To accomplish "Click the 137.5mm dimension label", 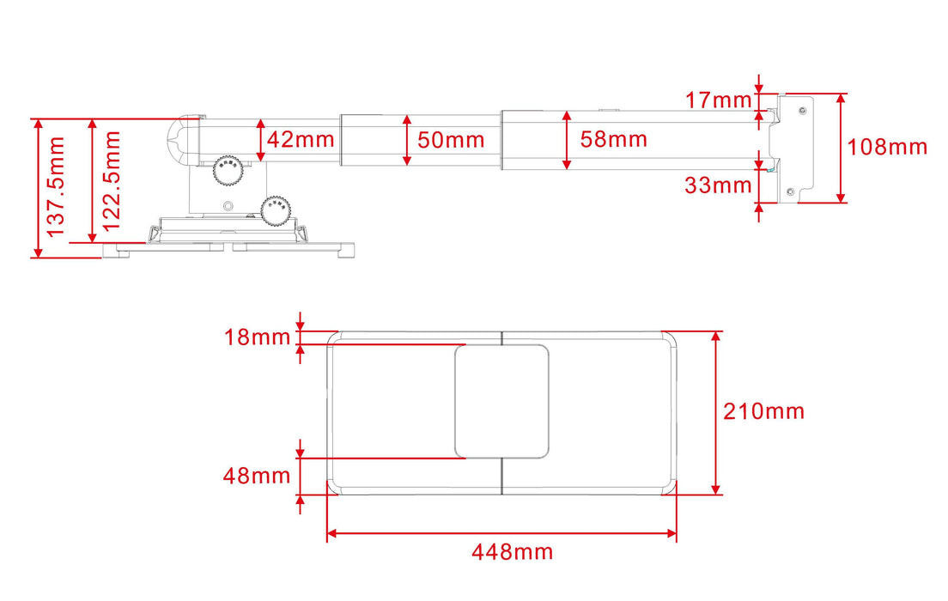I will [56, 186].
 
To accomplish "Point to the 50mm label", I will [451, 140].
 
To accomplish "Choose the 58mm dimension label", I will [613, 139].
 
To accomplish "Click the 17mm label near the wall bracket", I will [719, 100].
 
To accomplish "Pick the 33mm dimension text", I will [719, 185].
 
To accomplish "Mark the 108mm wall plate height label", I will [887, 147].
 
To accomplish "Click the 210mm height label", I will [763, 412].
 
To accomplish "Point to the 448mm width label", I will [512, 552].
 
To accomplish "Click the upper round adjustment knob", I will [228, 169].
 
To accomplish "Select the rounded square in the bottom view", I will [501, 400].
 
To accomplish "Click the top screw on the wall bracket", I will [802, 110].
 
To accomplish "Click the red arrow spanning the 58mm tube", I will [567, 139].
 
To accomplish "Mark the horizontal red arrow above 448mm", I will [501, 533].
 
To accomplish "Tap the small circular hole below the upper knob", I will [228, 206].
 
